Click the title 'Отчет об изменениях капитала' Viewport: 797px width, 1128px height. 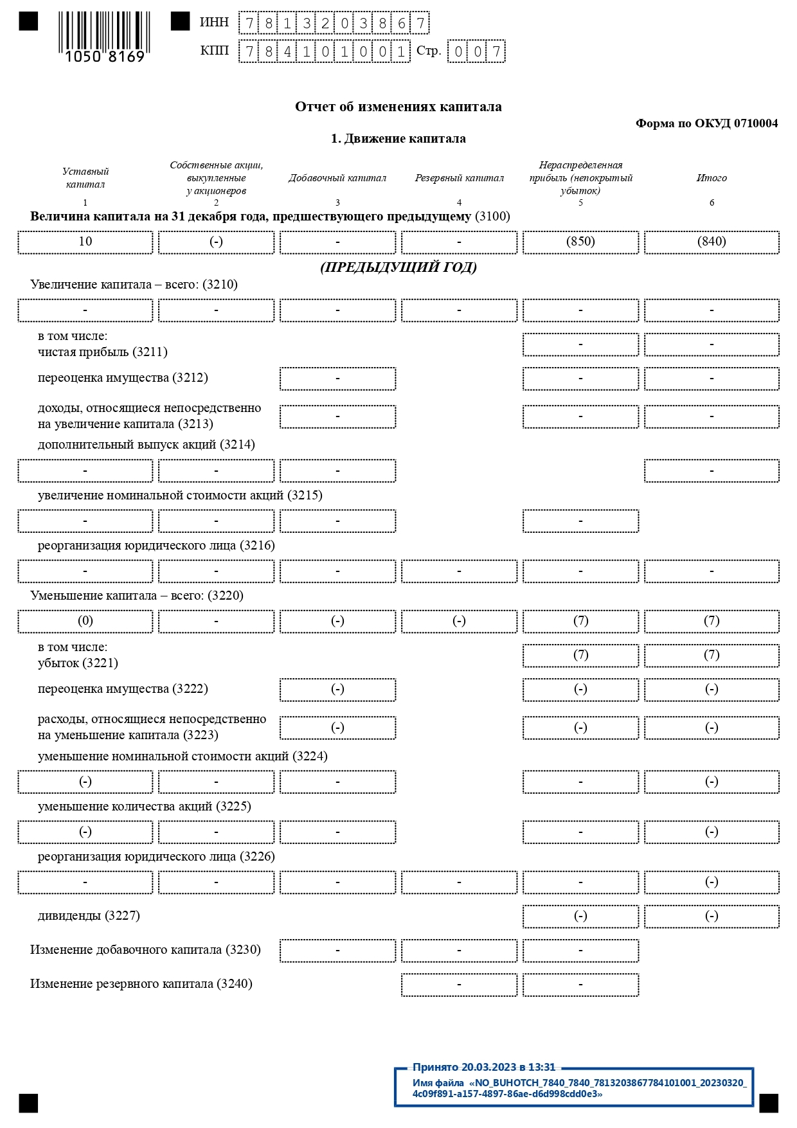click(398, 107)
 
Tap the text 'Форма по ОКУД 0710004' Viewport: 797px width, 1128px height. click(706, 123)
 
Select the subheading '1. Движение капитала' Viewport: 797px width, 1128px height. click(398, 139)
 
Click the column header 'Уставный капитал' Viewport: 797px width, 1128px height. click(85, 178)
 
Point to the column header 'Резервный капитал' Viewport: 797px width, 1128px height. click(459, 178)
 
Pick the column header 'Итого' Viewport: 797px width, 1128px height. click(712, 178)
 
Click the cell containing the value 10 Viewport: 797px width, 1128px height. click(85, 242)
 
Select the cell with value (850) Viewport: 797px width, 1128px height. click(580, 242)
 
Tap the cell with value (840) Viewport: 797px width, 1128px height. click(712, 242)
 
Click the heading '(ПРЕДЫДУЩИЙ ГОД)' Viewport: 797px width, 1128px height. click(398, 267)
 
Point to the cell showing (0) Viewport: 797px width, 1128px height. click(85, 622)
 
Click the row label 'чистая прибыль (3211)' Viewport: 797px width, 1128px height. click(103, 352)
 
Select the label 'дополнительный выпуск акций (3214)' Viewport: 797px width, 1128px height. click(147, 445)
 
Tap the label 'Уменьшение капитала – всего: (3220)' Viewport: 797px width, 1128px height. click(137, 596)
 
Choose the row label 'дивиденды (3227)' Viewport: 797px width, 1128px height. click(89, 916)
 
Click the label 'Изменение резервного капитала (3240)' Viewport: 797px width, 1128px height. click(141, 984)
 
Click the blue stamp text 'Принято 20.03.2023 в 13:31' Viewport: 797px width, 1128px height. click(483, 1067)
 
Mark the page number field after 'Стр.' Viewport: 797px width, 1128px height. click(476, 51)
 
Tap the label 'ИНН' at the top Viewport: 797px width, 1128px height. click(214, 22)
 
